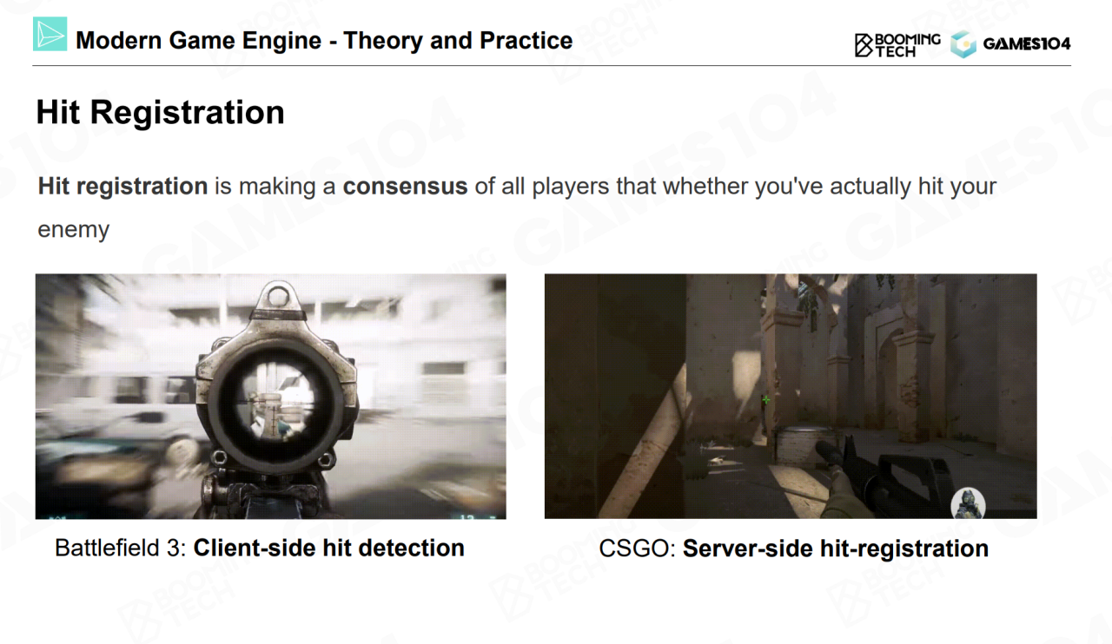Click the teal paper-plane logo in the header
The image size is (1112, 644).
[50, 34]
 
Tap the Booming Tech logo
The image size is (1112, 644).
[897, 45]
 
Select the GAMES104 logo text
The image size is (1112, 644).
[1027, 43]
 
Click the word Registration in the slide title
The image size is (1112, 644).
[187, 113]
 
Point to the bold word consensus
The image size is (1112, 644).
[405, 187]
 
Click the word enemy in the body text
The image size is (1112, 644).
[74, 230]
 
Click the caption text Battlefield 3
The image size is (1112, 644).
[120, 549]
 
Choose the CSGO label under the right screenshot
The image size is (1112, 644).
[637, 549]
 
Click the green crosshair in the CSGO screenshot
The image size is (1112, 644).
[766, 399]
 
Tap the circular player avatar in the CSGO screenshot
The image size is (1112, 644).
[968, 503]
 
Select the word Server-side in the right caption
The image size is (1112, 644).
[748, 549]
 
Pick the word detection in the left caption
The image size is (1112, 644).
[412, 549]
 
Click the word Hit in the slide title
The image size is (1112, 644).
[57, 113]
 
